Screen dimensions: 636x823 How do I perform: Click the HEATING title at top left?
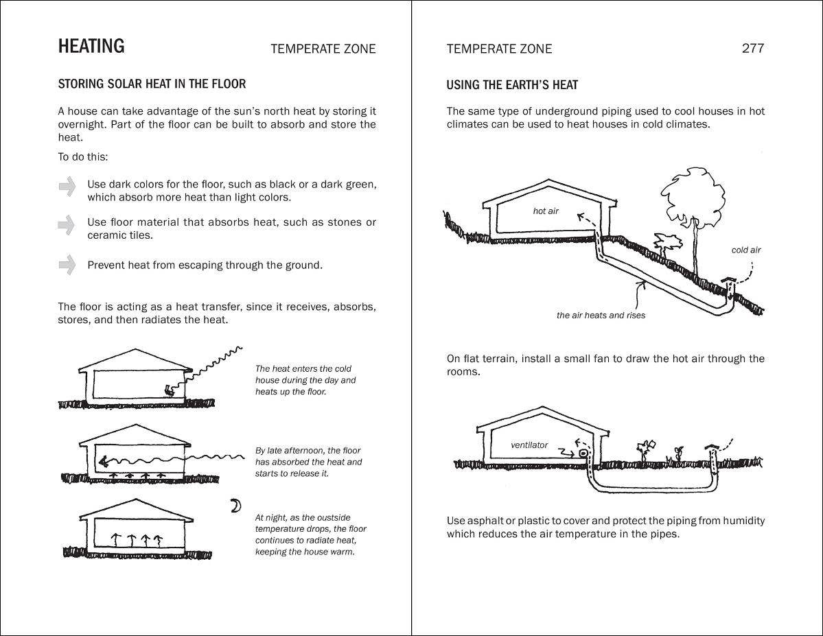tap(91, 47)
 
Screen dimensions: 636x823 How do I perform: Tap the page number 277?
tap(752, 48)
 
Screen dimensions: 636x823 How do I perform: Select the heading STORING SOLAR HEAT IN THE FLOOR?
tap(152, 84)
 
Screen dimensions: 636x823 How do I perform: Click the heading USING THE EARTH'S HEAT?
tap(512, 85)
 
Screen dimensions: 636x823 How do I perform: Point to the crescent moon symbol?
tap(235, 506)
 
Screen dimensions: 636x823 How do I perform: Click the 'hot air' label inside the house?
tap(546, 211)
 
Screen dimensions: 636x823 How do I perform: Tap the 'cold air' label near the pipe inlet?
tap(745, 250)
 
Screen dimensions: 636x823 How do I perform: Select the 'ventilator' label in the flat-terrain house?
tap(529, 445)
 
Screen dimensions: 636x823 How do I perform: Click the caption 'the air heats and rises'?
tap(601, 316)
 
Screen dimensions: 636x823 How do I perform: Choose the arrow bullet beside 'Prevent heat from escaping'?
tap(67, 264)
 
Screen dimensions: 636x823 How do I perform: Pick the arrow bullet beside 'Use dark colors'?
tap(67, 186)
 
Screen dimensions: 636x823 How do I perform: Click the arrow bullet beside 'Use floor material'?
tap(67, 224)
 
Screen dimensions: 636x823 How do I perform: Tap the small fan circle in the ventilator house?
tap(583, 454)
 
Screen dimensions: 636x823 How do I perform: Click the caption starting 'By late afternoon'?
tap(308, 462)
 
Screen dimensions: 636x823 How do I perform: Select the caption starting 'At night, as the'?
tap(310, 534)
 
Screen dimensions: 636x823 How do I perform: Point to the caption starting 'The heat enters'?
tap(305, 380)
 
